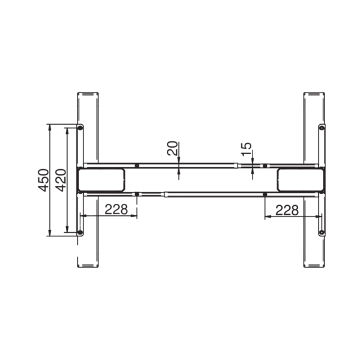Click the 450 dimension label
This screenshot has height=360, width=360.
pyautogui.click(x=43, y=180)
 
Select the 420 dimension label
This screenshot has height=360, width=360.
pyautogui.click(x=60, y=180)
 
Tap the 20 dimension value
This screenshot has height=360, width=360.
pyautogui.click(x=172, y=148)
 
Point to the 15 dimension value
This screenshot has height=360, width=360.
pyautogui.click(x=246, y=150)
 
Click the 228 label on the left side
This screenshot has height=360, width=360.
pyautogui.click(x=115, y=209)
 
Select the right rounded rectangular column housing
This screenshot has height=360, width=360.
pyautogui.click(x=300, y=179)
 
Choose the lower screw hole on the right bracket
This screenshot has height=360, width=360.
pyautogui.click(x=322, y=232)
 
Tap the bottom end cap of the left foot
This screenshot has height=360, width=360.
pyautogui.click(x=88, y=265)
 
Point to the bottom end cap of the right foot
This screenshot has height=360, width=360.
pyautogui.click(x=314, y=265)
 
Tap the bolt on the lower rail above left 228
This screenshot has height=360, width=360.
pyautogui.click(x=137, y=194)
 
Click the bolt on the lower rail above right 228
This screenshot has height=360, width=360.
pyautogui.click(x=265, y=194)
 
